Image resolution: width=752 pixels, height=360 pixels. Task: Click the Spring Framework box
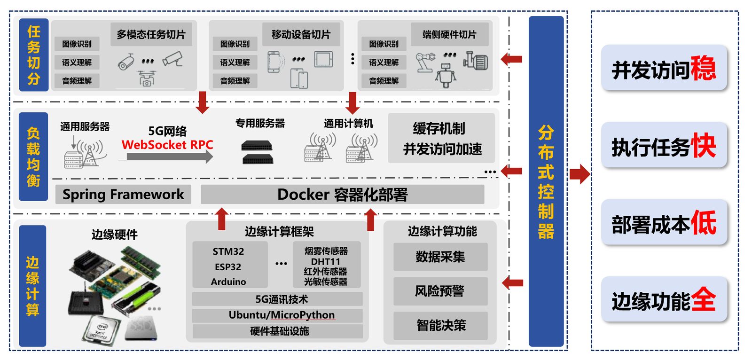(x=123, y=194)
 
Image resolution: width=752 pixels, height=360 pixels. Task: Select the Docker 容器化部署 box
(x=342, y=195)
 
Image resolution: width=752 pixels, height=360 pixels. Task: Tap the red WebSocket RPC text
(x=167, y=145)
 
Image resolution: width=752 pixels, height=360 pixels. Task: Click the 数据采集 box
(x=440, y=257)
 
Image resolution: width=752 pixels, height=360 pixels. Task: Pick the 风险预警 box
(x=440, y=291)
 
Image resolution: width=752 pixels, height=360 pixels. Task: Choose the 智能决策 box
(x=440, y=325)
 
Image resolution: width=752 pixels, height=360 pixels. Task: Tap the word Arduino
(x=228, y=282)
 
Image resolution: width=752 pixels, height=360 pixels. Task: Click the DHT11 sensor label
(x=325, y=261)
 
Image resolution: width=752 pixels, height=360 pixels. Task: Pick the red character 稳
(x=703, y=68)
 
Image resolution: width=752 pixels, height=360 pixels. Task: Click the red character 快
(x=703, y=146)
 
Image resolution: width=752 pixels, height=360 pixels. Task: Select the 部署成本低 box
(x=664, y=223)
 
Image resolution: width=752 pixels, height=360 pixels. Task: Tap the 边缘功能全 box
(x=664, y=300)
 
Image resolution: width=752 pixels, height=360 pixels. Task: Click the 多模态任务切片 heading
(x=151, y=34)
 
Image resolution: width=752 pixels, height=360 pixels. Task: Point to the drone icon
(x=147, y=78)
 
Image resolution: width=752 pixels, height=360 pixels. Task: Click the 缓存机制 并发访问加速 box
(x=441, y=138)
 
